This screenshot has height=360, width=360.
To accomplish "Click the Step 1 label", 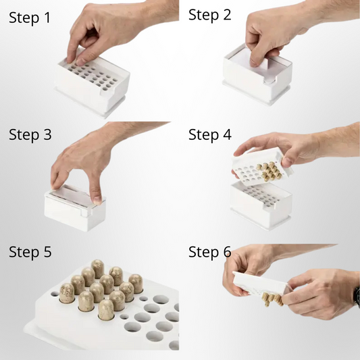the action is [x=30, y=18].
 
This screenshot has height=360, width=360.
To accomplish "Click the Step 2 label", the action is [x=209, y=15].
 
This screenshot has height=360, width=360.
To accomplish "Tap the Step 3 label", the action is [x=30, y=135].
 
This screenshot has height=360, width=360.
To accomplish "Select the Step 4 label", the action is [x=210, y=135].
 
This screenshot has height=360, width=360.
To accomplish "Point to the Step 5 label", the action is [x=30, y=252].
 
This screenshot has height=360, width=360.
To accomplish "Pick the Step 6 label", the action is [x=210, y=252].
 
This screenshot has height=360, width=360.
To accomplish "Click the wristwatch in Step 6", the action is [x=357, y=297].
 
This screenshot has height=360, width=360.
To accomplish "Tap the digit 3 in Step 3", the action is [x=47, y=134].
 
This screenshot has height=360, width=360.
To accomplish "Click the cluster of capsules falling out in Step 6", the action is [x=272, y=299].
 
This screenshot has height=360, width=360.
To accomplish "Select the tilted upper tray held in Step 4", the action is [x=262, y=166].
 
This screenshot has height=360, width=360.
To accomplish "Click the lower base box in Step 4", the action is [x=261, y=205].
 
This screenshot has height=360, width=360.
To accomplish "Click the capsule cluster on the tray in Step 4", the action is [x=269, y=171].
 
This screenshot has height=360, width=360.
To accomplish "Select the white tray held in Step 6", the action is [x=259, y=284].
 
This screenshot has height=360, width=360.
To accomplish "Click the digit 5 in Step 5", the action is [x=47, y=252].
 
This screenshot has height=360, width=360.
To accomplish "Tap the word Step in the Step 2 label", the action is [x=203, y=16].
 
